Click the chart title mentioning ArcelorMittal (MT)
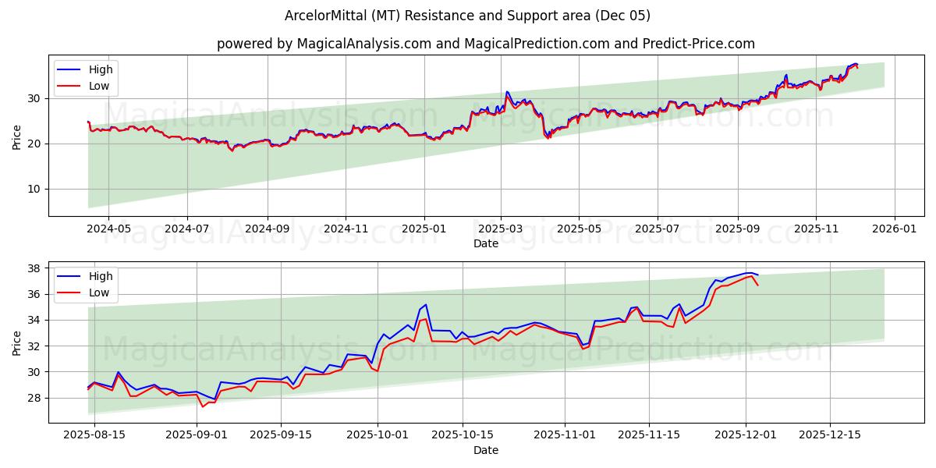point(467,16)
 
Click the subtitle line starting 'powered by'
point(485,44)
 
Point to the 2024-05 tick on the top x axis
point(108,229)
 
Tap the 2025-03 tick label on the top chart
point(501,229)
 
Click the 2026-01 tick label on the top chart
point(894,229)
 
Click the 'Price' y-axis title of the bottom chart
point(17,342)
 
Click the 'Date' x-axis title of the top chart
point(485,243)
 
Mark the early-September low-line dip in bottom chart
point(203,406)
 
